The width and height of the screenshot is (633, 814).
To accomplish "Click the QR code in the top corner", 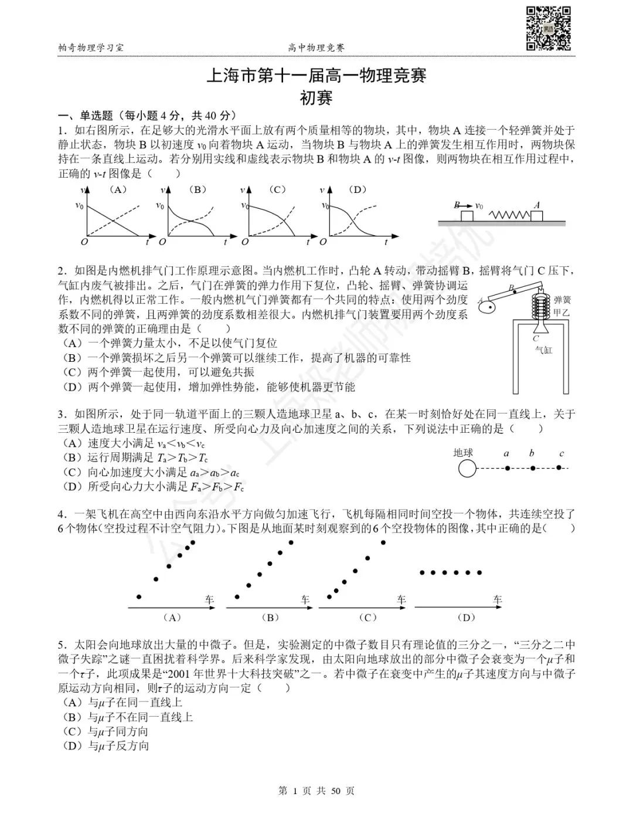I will tap(548, 28).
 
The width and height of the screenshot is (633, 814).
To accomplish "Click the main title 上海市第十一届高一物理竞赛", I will tap(316, 76).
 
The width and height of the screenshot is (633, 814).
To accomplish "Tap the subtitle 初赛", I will tap(316, 97).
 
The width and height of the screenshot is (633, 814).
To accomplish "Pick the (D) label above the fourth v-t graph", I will tap(356, 189).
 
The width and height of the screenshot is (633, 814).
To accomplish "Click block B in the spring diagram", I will tap(467, 216).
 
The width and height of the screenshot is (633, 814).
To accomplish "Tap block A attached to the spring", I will tap(536, 216).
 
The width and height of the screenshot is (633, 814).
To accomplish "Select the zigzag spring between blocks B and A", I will tap(509, 215).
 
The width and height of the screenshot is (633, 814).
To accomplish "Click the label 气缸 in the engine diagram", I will tap(543, 350).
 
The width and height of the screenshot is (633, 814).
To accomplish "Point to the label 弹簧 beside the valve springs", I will tap(562, 300).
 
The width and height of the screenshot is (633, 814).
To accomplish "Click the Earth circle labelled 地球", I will tap(467, 468).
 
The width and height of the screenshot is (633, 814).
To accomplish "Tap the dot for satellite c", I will tap(559, 467).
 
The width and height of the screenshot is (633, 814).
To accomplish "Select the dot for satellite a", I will tap(507, 468).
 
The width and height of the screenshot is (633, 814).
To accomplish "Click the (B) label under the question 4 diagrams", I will tap(268, 618).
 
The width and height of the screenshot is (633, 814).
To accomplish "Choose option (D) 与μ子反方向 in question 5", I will tap(105, 746).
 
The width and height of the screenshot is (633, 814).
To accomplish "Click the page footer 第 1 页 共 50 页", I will tap(316, 791).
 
